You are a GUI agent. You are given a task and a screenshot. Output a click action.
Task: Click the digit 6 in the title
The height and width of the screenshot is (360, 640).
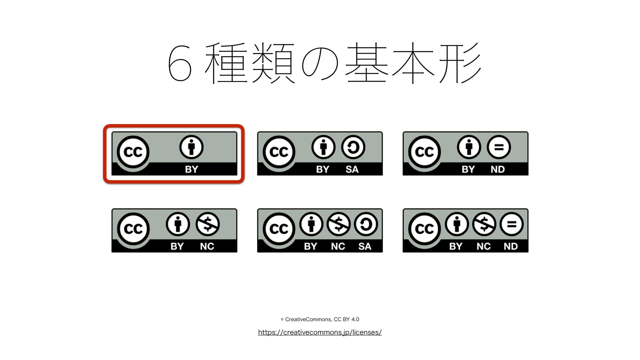[x=180, y=63]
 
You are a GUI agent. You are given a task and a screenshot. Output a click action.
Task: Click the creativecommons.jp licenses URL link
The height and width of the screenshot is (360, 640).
[x=320, y=332]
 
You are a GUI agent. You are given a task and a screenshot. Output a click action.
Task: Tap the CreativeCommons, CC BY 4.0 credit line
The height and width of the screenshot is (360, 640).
[x=320, y=319]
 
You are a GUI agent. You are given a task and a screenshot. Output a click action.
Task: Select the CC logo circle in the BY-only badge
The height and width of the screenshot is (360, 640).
[x=133, y=152]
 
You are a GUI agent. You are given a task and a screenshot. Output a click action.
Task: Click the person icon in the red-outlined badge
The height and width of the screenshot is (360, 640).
[x=191, y=147]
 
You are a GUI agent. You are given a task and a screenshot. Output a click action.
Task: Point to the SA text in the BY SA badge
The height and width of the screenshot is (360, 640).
[x=352, y=169]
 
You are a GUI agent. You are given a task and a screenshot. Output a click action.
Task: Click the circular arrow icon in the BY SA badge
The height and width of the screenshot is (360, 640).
[x=353, y=147]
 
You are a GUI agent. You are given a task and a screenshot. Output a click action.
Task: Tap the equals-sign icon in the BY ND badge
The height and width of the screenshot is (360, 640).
[x=499, y=147]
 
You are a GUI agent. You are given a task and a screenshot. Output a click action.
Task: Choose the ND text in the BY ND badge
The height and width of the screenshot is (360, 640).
[x=498, y=169]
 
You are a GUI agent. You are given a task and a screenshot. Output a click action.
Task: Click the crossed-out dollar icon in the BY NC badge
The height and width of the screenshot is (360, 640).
[x=207, y=224]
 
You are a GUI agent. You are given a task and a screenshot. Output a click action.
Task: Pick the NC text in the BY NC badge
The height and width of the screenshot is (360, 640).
[x=207, y=246]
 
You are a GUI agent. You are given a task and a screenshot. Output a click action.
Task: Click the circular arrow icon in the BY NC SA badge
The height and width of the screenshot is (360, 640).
[x=366, y=224]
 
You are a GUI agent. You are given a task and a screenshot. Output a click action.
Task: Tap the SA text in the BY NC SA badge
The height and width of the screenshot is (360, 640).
[x=365, y=246]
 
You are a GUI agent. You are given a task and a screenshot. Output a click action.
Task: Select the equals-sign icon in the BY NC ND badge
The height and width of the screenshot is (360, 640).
[x=511, y=224]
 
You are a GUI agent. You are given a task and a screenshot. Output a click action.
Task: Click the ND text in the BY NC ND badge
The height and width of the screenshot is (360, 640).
[x=511, y=246]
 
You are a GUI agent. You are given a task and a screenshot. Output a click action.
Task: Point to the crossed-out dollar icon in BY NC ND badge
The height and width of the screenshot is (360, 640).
[x=484, y=224]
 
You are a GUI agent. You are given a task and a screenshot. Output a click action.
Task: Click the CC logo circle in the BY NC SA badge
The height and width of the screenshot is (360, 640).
[x=279, y=229]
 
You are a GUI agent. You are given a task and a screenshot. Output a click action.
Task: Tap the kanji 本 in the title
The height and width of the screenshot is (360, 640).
[x=413, y=63]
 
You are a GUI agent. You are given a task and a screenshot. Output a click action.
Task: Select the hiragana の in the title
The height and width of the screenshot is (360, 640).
[x=320, y=63]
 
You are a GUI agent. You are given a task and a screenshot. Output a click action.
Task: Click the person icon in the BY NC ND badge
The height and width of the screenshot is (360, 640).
[x=457, y=224]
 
